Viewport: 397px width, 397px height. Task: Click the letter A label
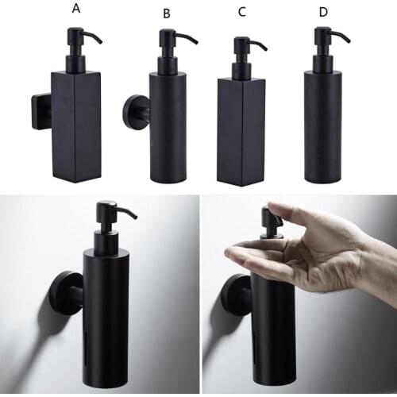pyautogui.click(x=76, y=9)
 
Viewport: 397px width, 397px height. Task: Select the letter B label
pyautogui.click(x=166, y=13)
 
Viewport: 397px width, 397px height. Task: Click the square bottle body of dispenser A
pyautogui.click(x=76, y=123)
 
